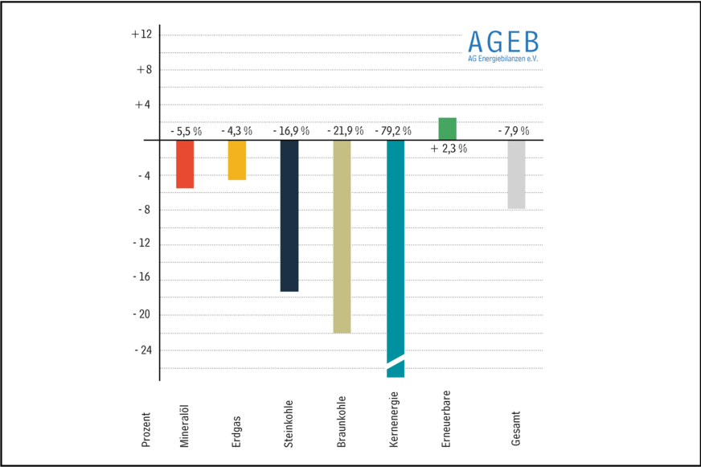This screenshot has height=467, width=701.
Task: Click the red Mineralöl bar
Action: pos(185,165)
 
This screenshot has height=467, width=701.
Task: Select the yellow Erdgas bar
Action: pos(237,160)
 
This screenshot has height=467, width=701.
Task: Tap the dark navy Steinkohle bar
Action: pos(289,215)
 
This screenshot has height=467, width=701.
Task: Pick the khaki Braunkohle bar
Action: pos(342,236)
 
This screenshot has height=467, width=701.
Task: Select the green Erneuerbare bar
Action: pos(448,129)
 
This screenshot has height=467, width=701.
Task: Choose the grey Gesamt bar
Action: pos(516,174)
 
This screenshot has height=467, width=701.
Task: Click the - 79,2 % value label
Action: pos(393,130)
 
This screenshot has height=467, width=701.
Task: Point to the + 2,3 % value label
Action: pos(449,149)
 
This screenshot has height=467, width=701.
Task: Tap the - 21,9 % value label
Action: pos(341,130)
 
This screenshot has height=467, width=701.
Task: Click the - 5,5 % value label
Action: pos(186,130)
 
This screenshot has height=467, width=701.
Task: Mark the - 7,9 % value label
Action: pos(514,130)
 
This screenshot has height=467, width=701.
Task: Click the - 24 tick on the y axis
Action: pos(141,350)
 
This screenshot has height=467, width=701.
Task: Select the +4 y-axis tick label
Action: pos(141,105)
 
